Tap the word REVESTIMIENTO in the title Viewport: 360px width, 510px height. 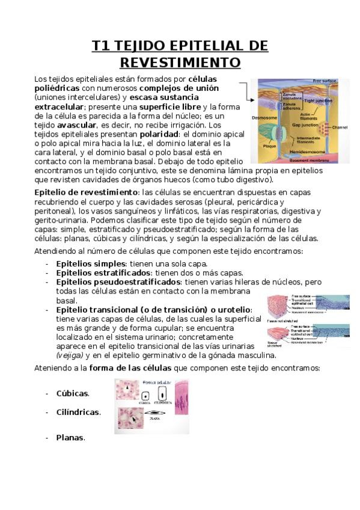tap(180, 63)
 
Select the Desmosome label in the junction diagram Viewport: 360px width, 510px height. tap(264, 118)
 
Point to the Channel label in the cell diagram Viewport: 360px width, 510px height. tap(340, 127)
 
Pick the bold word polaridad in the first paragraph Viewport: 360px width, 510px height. tap(151, 134)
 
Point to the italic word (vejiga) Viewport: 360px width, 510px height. tap(70, 355)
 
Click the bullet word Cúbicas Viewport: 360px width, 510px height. tap(72, 393)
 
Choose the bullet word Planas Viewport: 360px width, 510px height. tap(70, 438)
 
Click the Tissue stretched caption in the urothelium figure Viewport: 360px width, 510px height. tap(273, 345)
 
